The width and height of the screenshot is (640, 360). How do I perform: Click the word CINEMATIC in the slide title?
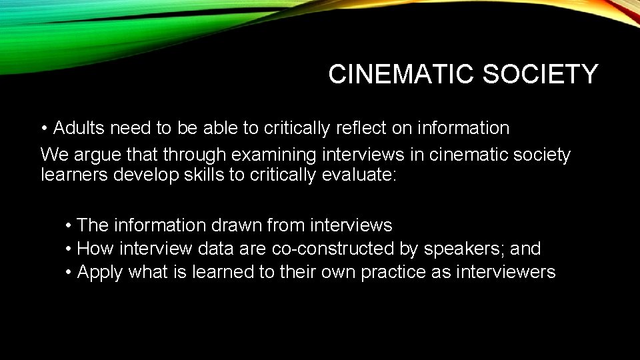401,75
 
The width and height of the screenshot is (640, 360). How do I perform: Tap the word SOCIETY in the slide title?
541,75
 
